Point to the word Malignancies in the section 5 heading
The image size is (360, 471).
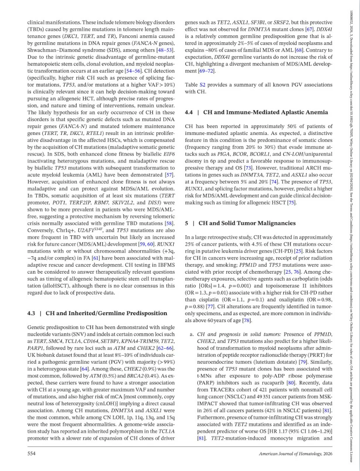coord(271,223)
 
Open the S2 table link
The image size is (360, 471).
coord(205,85)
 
